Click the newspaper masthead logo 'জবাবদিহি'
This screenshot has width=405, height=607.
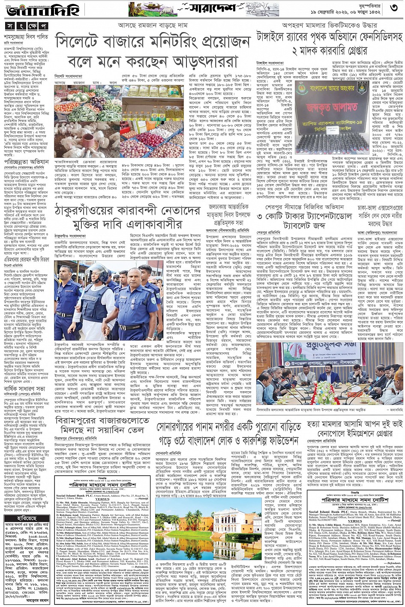(26, 10)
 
